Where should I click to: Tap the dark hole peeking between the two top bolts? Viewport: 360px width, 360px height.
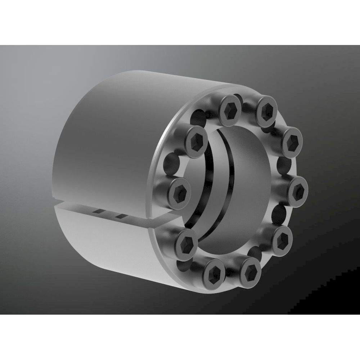(x=248, y=107)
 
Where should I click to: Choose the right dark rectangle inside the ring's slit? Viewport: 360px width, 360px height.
(x=121, y=216)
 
